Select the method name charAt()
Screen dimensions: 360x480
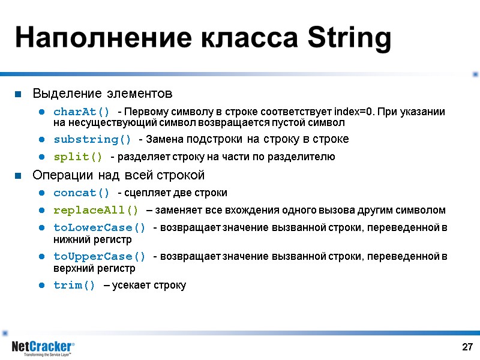point(82,112)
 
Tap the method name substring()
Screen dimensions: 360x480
point(92,139)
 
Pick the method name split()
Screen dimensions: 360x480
point(78,157)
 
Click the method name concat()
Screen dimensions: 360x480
point(82,193)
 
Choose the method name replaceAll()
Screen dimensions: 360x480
point(95,210)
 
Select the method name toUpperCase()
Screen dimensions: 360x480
point(99,256)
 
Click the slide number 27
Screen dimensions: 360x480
point(467,347)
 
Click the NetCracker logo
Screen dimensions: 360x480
point(43,347)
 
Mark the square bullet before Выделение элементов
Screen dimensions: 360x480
point(19,94)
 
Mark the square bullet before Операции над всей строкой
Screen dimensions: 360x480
point(19,176)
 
